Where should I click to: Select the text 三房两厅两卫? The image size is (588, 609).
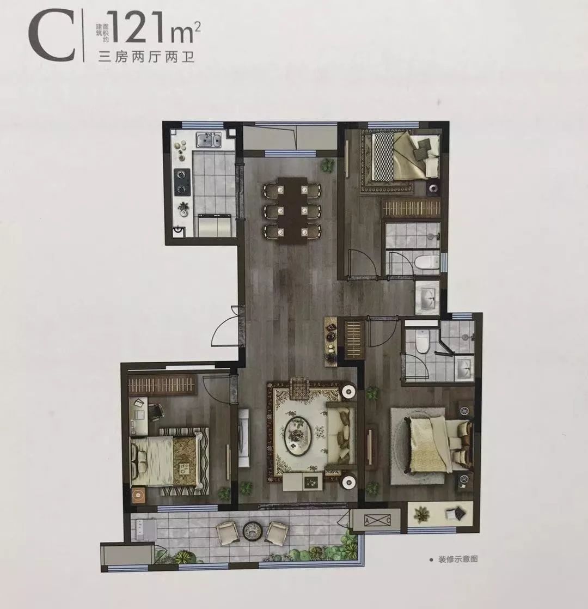tap(146, 58)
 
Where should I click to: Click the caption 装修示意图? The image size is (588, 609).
tap(458, 559)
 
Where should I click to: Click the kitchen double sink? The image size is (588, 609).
tap(209, 140)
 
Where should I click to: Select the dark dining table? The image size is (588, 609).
tap(292, 210)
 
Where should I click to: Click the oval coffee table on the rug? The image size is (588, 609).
tap(298, 434)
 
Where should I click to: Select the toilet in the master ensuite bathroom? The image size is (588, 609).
tap(421, 340)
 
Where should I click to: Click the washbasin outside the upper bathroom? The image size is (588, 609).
tap(427, 297)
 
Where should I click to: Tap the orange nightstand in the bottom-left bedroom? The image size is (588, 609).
tap(138, 496)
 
